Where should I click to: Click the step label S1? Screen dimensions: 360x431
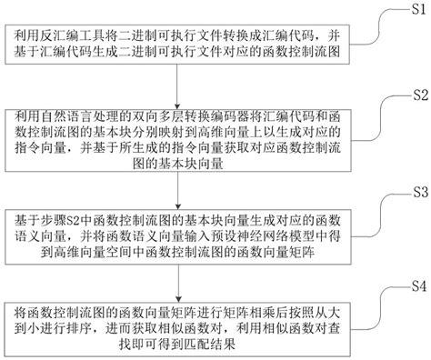click(x=416, y=10)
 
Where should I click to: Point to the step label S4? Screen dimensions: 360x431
click(x=416, y=288)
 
